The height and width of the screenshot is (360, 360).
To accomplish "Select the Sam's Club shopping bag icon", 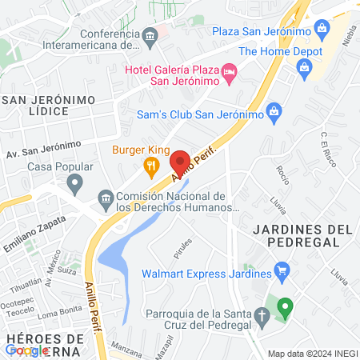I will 274,110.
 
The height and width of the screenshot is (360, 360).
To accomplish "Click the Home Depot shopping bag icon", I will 305,68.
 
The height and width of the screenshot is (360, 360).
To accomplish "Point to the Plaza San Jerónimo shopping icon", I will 321,30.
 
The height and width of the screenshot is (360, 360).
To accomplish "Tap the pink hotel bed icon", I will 230,73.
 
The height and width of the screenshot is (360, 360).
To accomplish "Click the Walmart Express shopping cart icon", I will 281,271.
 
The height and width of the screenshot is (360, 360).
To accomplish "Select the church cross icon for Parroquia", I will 262,318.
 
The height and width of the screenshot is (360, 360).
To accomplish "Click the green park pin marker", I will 285,306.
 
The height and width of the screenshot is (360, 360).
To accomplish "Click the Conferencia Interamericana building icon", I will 150,35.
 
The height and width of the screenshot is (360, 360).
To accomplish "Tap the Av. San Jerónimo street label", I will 44,148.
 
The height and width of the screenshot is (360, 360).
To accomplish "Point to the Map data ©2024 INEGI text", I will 312,354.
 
